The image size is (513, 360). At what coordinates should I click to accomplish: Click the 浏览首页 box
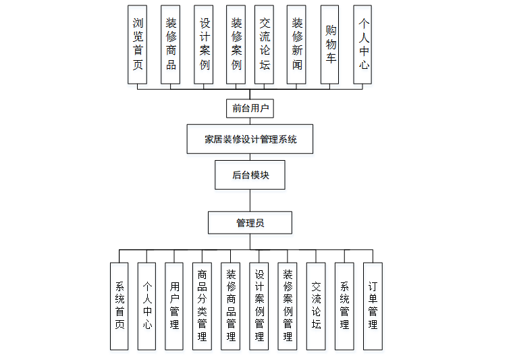point(138,45)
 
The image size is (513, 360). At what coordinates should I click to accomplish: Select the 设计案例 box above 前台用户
point(204,45)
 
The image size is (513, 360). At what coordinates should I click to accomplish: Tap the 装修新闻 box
point(297,45)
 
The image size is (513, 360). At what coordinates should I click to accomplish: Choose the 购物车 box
point(330,45)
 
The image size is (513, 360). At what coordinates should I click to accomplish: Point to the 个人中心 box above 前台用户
point(363,45)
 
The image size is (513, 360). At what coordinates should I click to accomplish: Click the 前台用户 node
point(250,107)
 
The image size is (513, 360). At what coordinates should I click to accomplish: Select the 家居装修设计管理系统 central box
point(250,140)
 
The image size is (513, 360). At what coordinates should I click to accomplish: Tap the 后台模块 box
point(250,175)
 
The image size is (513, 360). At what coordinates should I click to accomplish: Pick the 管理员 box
point(250,223)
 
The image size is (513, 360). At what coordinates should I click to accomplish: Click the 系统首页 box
point(119,306)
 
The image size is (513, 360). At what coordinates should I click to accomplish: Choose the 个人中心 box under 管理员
point(147,306)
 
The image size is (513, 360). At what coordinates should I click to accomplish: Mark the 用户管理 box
point(175,306)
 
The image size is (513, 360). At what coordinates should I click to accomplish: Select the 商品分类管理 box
point(202,306)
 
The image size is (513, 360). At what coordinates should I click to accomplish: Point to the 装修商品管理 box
point(231,306)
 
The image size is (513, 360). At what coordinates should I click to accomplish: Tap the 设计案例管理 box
point(259,306)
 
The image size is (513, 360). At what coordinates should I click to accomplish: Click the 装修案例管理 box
point(288,306)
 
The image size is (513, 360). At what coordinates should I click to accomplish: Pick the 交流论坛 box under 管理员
point(316,306)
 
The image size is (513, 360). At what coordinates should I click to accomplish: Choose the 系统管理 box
point(344,306)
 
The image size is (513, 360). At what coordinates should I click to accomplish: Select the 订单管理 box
point(373,306)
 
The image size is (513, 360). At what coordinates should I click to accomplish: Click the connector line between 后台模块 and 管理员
point(250,201)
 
